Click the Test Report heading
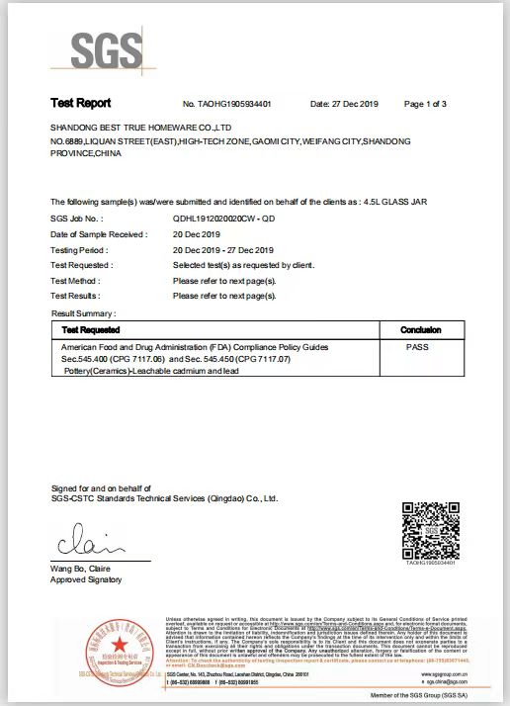pos(80,103)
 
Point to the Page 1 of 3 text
pos(426,104)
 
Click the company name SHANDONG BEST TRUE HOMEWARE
pos(140,129)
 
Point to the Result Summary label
pos(82,312)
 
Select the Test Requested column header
pos(91,329)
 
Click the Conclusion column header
pos(420,329)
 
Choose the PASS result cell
pos(419,348)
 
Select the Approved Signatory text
pos(87,579)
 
